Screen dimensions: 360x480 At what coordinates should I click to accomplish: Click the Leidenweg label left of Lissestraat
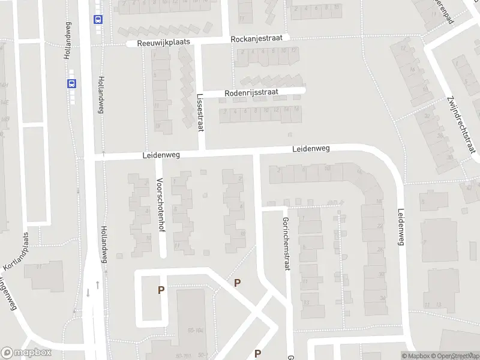(x=161, y=154)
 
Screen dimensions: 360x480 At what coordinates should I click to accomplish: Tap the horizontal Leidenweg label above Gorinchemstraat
(x=311, y=149)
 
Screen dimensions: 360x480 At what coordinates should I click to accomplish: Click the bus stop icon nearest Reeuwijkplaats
(x=97, y=19)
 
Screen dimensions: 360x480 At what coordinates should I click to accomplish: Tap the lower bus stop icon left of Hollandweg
(x=72, y=84)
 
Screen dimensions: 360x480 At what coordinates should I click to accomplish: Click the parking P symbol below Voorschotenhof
(x=161, y=290)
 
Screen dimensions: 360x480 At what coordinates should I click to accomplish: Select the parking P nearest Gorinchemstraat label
(x=238, y=283)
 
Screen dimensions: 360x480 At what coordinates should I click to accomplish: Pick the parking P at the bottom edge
(x=258, y=353)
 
